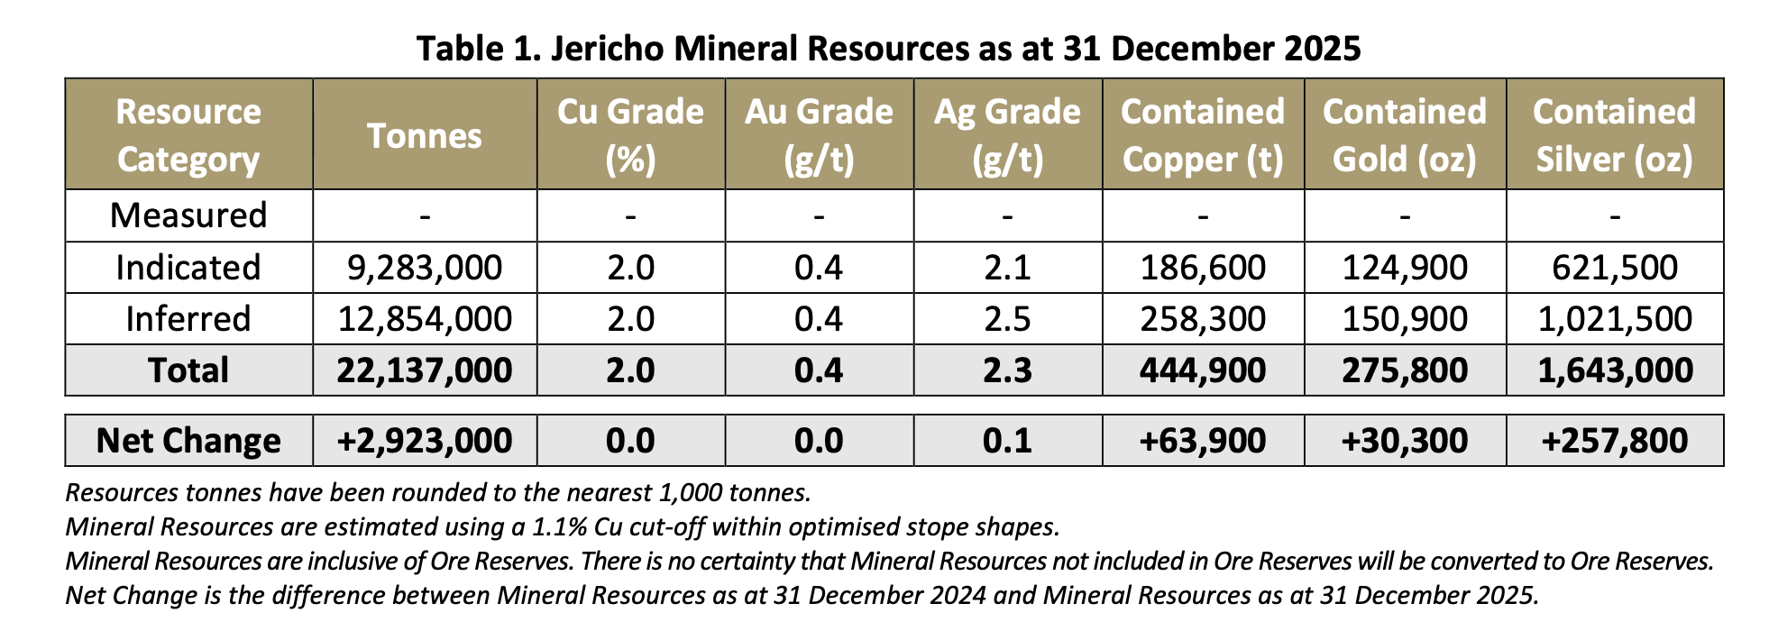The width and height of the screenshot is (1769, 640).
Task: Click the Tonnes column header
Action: pos(424,136)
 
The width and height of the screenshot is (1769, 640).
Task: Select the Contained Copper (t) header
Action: pos(1203,135)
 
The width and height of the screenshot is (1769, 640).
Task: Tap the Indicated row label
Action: pos(188,268)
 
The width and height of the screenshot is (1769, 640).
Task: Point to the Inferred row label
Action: pos(188,319)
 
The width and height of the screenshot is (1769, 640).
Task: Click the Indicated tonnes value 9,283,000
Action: pos(425,268)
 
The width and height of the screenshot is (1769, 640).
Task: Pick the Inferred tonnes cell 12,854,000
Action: pos(425,319)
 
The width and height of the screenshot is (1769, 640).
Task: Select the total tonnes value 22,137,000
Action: pos(425,370)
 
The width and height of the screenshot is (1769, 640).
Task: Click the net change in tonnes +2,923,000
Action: pos(425,441)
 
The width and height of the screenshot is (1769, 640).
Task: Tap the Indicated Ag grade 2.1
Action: pos(1007,268)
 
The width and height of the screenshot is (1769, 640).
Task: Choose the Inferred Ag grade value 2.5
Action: pos(1007,319)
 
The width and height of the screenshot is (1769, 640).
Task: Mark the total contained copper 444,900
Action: pos(1203,370)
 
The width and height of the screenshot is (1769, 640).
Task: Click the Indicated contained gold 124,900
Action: pos(1405,268)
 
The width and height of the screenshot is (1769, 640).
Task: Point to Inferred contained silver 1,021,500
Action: pos(1615,319)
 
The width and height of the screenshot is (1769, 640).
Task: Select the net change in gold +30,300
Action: pos(1405,441)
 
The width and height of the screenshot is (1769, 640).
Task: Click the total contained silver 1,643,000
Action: pos(1615,370)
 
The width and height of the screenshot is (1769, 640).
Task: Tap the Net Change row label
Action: pos(188,441)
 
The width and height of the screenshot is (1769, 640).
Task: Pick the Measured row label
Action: pos(188,215)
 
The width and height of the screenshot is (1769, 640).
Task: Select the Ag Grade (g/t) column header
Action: pos(1007,135)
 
